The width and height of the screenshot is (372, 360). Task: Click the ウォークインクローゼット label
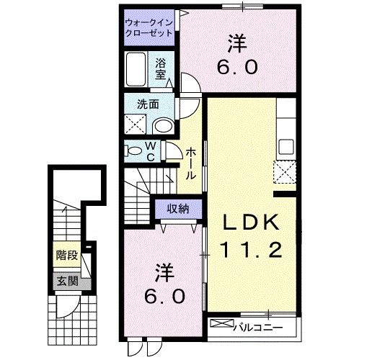[150, 28]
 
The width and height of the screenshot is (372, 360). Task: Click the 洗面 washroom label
[149, 104]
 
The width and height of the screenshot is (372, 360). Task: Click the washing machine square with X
[135, 125]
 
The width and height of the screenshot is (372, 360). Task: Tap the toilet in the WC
[135, 151]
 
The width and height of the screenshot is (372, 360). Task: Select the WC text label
[152, 152]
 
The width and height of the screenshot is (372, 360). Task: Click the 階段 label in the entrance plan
[68, 256]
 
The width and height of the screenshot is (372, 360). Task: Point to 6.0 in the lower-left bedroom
[164, 295]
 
